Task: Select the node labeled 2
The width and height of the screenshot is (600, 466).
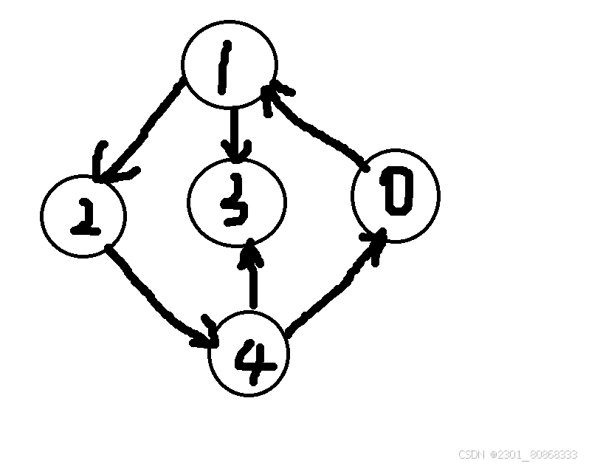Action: (x=83, y=216)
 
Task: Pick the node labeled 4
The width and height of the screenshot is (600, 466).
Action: (x=249, y=353)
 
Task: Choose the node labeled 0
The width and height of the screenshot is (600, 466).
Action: (x=396, y=195)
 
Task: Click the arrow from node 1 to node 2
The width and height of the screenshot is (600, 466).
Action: (x=145, y=130)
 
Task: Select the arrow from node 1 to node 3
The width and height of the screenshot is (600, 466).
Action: (x=234, y=133)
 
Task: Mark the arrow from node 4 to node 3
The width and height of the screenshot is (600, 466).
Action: (x=252, y=277)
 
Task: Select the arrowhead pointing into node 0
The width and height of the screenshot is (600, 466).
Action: (x=376, y=240)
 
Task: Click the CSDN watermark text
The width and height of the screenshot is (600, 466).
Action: (x=517, y=454)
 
